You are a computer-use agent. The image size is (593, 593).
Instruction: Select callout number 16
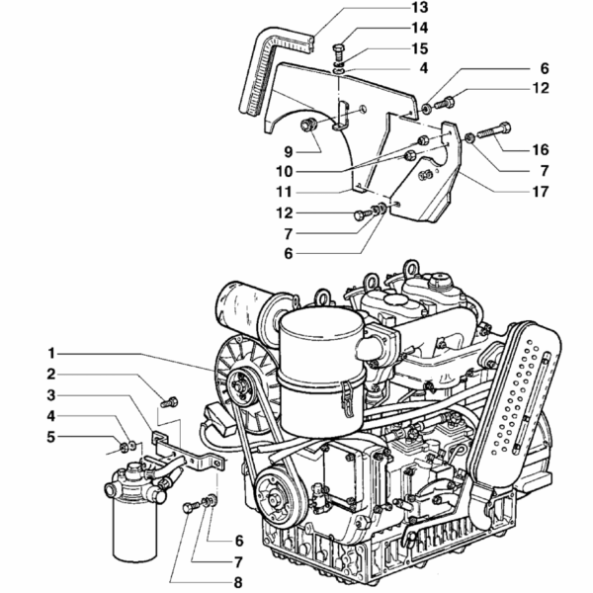tap(538, 149)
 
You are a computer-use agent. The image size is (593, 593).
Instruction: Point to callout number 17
tap(538, 192)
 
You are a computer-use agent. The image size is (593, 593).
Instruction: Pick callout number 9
tap(289, 151)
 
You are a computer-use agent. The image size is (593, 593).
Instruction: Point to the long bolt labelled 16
tap(493, 128)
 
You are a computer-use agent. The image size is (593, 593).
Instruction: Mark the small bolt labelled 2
tap(169, 401)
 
